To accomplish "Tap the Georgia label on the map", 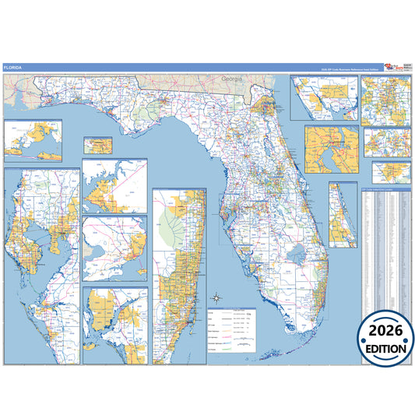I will point(232,79).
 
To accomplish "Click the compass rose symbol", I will point(218,297).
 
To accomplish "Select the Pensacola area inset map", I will point(33,140).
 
